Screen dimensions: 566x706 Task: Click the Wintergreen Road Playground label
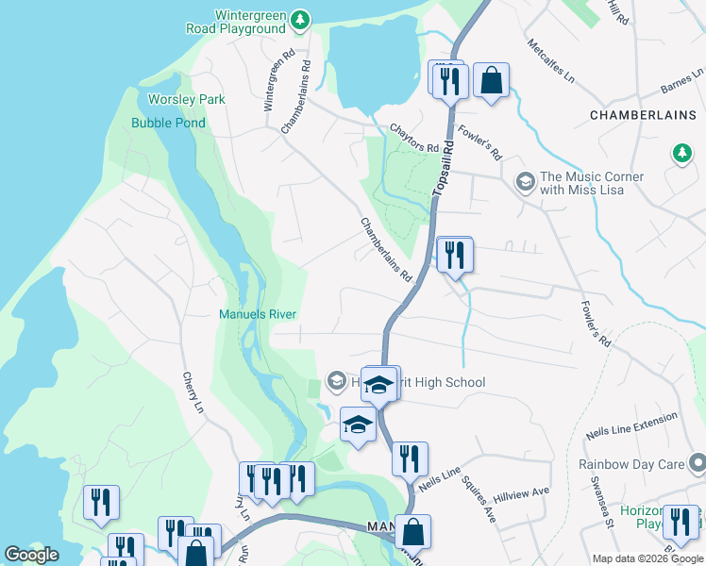[x=250, y=22]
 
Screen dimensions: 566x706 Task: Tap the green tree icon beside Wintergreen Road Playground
[x=300, y=19]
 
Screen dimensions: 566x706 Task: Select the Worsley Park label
[x=187, y=99]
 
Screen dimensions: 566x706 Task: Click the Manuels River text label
[x=258, y=314]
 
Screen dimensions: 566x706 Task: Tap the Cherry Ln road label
[x=193, y=392]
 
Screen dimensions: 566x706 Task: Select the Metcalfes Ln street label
[x=551, y=61]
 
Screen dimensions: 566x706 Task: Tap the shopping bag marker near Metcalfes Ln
[x=491, y=80]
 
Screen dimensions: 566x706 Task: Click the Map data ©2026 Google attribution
[x=647, y=558]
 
